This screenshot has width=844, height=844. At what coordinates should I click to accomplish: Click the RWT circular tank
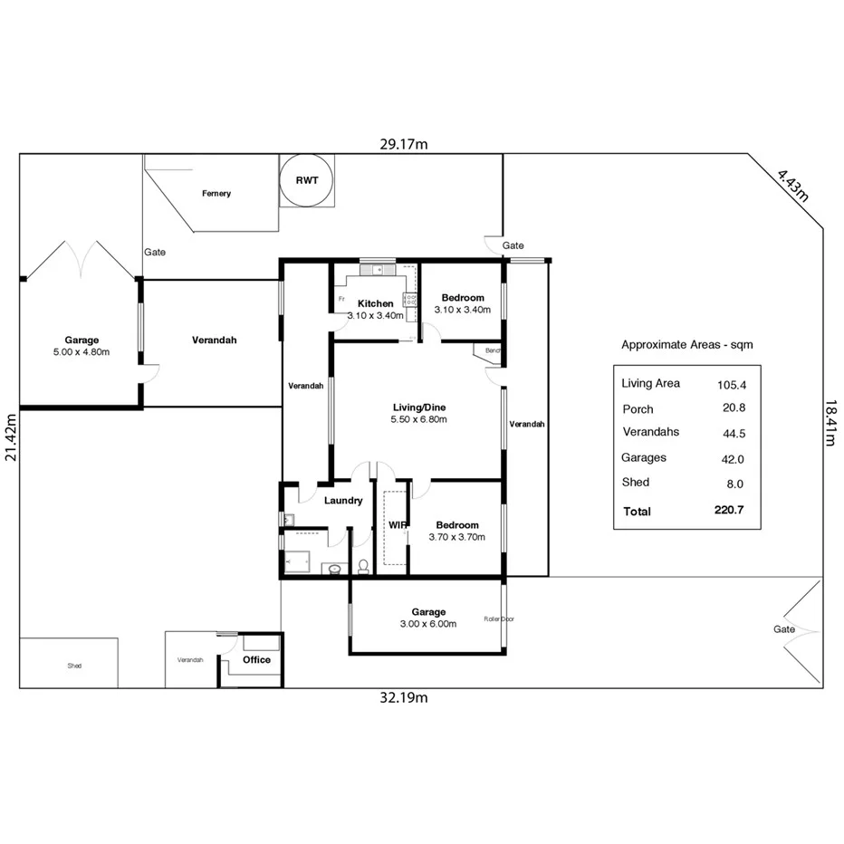[x=307, y=180]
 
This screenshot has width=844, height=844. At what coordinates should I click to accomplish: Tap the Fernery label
[x=216, y=193]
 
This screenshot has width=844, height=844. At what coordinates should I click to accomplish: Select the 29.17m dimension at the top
[x=404, y=144]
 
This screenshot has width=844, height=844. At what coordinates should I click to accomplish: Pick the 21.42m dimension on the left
[x=11, y=437]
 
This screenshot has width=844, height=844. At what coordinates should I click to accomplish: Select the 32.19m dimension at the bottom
[x=404, y=697]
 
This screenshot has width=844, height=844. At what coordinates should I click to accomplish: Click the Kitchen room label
[x=375, y=303]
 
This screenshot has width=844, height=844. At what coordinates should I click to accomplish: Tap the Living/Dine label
[x=418, y=407]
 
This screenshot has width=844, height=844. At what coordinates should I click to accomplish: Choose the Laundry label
[x=343, y=500]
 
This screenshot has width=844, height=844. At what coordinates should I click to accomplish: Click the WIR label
[x=397, y=525]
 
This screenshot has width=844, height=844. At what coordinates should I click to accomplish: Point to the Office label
[x=256, y=659]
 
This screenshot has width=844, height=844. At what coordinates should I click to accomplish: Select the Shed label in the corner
[x=74, y=666]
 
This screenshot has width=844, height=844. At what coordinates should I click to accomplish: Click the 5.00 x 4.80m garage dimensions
[x=82, y=352]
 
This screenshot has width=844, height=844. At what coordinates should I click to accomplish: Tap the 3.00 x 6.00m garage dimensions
[x=428, y=624]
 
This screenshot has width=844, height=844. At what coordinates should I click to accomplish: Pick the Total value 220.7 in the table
[x=728, y=511]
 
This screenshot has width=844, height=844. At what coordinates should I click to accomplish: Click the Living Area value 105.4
[x=730, y=384]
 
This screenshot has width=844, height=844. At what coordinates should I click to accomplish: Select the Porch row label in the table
[x=638, y=409]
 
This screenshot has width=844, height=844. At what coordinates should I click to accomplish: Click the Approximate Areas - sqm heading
[x=686, y=345]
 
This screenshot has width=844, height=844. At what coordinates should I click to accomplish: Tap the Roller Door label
[x=499, y=619]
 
